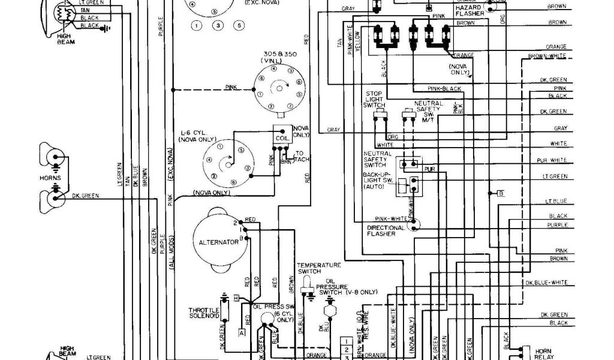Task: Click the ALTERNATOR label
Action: tap(215, 243)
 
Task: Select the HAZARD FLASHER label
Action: tap(472, 10)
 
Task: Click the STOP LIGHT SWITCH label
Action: tap(375, 100)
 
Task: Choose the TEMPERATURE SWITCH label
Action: tap(319, 268)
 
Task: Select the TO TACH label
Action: tap(301, 155)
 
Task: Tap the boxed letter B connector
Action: tap(500, 193)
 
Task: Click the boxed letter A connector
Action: tap(242, 332)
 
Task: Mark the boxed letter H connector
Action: tap(236, 298)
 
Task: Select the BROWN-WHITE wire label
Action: tap(547, 56)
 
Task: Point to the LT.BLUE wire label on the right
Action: tap(558, 200)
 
